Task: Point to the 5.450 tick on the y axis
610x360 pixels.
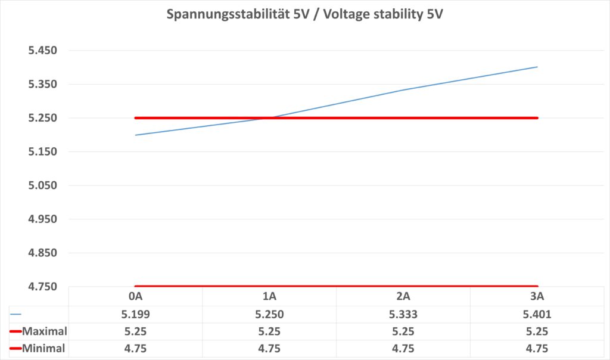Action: (42, 51)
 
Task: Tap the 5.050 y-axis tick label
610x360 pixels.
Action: (42, 185)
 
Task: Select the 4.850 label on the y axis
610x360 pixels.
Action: (42, 253)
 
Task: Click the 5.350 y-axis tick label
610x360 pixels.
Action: (42, 84)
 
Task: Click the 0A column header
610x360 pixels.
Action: (135, 297)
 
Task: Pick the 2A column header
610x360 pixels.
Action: (403, 297)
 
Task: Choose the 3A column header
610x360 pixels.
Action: (537, 297)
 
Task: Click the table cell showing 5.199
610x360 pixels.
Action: (135, 314)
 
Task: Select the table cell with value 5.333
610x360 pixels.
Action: (403, 314)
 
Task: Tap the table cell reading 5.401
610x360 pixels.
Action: (537, 314)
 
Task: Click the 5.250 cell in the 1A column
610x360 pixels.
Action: (269, 314)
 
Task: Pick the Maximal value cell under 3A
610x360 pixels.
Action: (537, 331)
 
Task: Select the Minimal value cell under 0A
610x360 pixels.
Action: (135, 349)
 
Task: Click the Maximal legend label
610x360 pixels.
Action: (44, 331)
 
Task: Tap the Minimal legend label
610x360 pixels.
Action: (43, 349)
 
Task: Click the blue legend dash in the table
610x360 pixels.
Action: (16, 314)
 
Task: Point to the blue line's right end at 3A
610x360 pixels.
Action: (537, 67)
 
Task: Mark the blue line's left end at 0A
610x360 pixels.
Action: (136, 135)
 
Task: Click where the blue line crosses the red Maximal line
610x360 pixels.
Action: (269, 117)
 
